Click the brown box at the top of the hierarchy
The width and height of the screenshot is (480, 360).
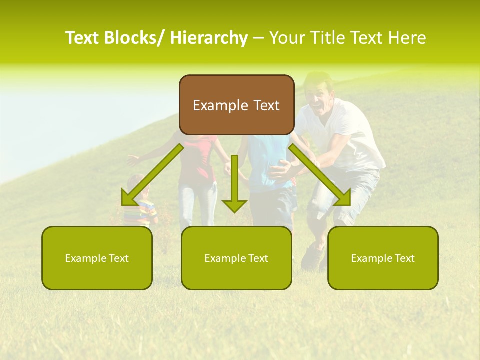(236, 105)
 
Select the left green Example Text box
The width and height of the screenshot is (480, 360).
(97, 258)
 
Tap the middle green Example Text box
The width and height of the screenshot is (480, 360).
(236, 258)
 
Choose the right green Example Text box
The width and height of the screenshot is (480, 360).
(383, 258)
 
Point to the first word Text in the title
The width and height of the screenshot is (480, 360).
(82, 38)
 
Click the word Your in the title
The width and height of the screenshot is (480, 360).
(287, 38)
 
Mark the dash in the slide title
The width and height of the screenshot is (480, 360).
(258, 38)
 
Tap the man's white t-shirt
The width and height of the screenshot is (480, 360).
(345, 130)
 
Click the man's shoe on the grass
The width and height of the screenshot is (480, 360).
(313, 256)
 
